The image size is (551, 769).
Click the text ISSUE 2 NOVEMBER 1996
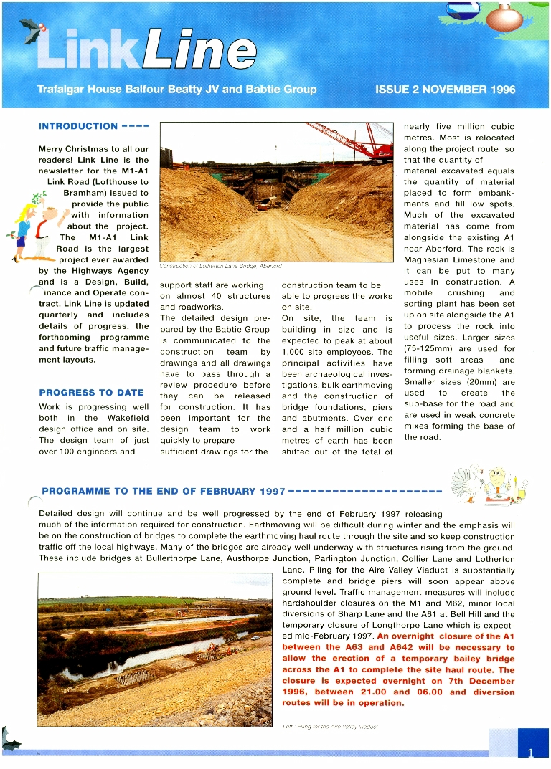445,90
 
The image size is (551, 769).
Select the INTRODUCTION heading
78,126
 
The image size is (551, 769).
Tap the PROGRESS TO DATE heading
91,393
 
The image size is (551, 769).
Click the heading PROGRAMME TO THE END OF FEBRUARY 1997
164,491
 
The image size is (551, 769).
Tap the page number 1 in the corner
530,753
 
